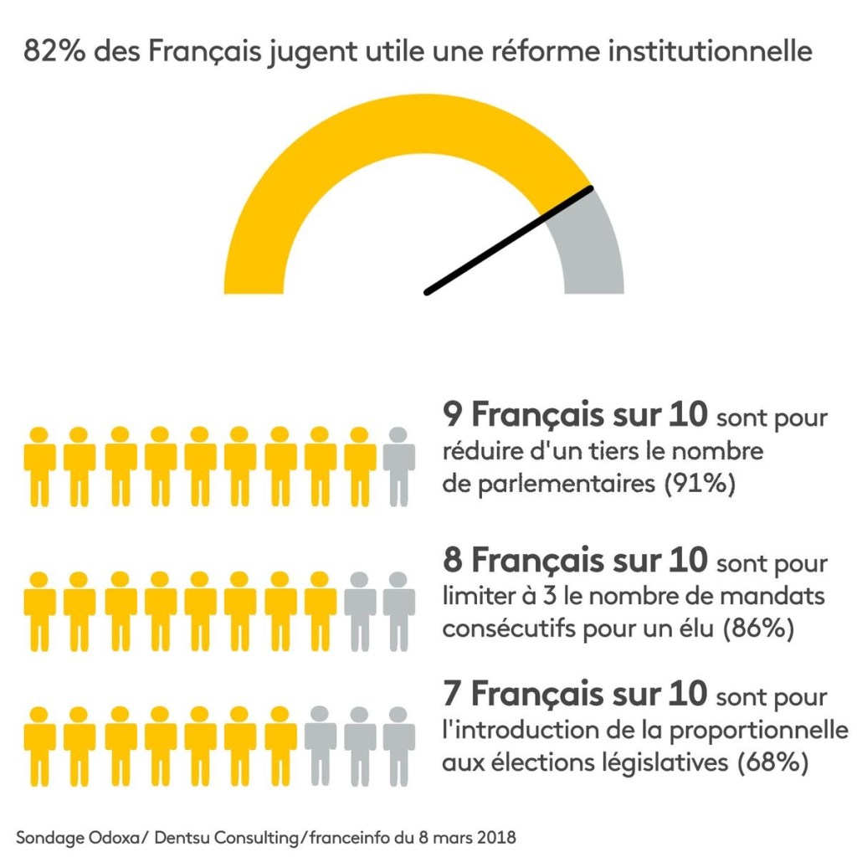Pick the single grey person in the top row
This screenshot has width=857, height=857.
tap(399, 465)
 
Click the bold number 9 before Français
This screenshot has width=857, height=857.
tap(452, 414)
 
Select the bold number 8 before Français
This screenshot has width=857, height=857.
tap(452, 560)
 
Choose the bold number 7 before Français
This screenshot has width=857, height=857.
tap(452, 694)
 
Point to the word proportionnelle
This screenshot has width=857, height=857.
tap(758, 729)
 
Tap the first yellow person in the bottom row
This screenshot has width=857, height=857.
tap(39, 736)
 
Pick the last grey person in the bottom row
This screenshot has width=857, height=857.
tap(399, 736)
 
